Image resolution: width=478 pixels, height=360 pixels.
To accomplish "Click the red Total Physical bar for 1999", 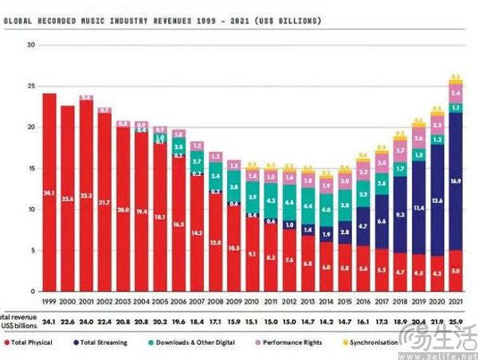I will (49, 192).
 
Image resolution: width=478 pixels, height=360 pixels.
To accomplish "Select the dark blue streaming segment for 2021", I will (455, 182).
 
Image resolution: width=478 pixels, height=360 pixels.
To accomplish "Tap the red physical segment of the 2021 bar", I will (455, 271).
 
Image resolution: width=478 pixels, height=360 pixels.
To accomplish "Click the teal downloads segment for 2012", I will (308, 205).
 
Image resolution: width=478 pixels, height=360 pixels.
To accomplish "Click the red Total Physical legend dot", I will (7, 342).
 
